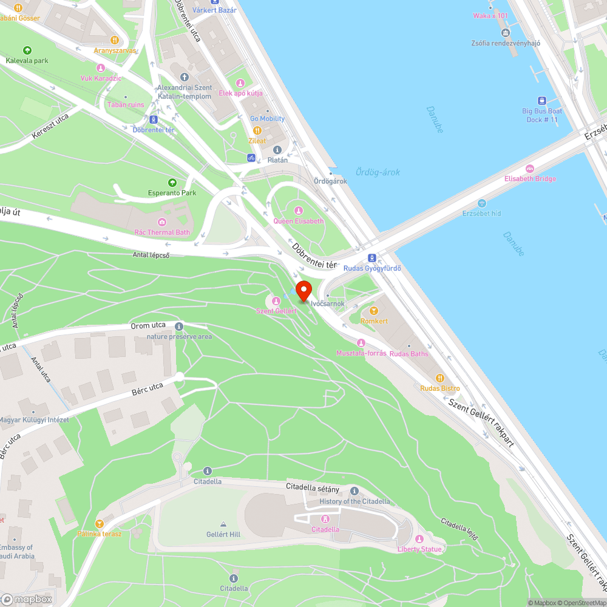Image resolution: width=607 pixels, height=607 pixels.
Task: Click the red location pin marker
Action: [x=303, y=290]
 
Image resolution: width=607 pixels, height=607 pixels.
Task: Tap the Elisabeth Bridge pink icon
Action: [x=530, y=168]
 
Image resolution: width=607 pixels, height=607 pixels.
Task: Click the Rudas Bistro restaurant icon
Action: [x=441, y=378]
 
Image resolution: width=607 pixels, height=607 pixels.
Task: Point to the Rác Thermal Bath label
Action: [x=162, y=232]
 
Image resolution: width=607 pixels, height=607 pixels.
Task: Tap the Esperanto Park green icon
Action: [x=172, y=182]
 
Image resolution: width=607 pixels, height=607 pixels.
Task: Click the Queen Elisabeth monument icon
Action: [x=298, y=211]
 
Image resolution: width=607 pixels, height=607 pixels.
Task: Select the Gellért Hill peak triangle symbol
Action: [x=223, y=524]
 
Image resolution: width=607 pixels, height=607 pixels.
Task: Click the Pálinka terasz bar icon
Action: [x=100, y=523]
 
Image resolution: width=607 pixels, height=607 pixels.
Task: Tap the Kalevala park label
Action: [x=27, y=61]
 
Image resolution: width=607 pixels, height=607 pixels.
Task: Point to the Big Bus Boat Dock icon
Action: [x=541, y=101]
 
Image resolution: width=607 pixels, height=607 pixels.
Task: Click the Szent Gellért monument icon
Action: [x=276, y=300]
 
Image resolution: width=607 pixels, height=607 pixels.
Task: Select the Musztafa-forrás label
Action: [x=361, y=353]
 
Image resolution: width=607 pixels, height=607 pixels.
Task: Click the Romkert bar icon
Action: [x=373, y=311]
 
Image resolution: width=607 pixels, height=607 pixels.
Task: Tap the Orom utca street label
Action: [x=148, y=326]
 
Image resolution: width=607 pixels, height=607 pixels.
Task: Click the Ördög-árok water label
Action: [x=378, y=172]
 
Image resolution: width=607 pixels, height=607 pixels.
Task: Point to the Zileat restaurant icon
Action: [x=257, y=130]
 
